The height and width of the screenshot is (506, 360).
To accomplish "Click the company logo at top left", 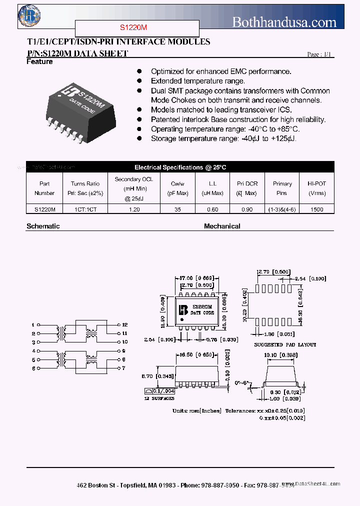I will tap(28, 16).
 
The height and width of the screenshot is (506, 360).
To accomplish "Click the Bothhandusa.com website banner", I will tap(284, 21).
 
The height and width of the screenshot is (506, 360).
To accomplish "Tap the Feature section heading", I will tap(39, 62).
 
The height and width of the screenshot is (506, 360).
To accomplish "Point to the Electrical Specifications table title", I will tap(180, 167).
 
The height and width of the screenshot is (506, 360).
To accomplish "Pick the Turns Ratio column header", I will tap(85, 188).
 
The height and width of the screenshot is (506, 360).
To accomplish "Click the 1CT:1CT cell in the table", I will tap(85, 210).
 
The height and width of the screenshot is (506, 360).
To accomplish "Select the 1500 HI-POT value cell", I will tap(316, 210).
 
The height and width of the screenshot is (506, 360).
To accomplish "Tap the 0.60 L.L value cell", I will tap(212, 210).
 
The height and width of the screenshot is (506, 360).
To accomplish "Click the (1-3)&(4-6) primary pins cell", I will tap(282, 210).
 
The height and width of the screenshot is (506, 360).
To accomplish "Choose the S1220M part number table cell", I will tap(45, 210).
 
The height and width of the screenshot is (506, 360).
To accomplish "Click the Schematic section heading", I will tap(43, 226).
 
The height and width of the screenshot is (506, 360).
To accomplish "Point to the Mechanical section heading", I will tap(222, 226).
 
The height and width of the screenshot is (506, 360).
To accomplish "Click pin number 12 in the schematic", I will tap(124, 325).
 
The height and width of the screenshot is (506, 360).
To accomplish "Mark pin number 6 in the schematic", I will tap(33, 368).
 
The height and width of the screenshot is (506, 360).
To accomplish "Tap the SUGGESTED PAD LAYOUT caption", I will tap(285, 345).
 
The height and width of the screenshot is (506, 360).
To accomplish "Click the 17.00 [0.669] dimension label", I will tap(196, 278).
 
